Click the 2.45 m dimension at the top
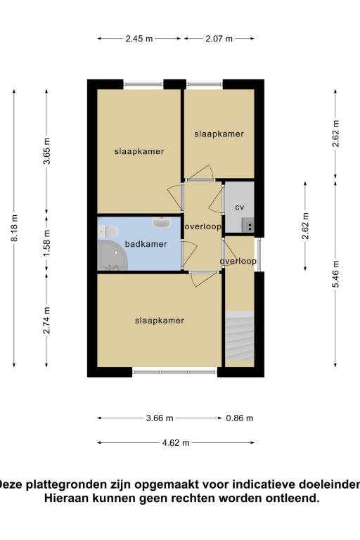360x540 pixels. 139,39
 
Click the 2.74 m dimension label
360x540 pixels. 46,319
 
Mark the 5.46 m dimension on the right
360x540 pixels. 335,275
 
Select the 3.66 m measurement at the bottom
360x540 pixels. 159,418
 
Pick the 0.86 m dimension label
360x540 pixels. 239,418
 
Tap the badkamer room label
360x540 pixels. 146,244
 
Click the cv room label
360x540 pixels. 239,207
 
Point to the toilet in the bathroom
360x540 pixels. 109,230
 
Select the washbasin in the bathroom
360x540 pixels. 162,222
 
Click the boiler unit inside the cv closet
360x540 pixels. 247,225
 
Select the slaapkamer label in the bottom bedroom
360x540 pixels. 159,321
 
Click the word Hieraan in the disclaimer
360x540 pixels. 67,498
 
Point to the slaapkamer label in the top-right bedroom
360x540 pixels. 219,134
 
